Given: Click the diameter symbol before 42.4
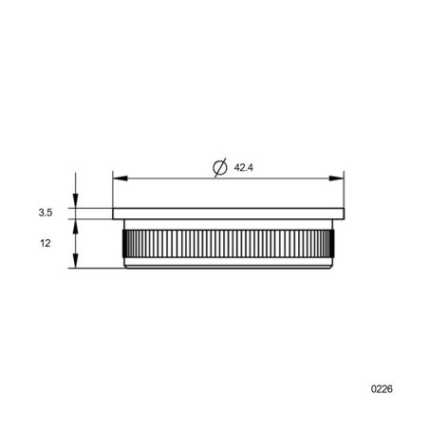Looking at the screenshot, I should point(217,167).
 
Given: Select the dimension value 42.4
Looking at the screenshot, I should point(243,168).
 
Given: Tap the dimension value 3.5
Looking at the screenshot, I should point(45,214).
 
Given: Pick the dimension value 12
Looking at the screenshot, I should point(45,244).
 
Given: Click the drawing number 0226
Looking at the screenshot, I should point(382,389).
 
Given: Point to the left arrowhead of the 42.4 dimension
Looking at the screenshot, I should point(119,177).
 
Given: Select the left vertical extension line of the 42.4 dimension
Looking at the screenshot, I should point(113,190).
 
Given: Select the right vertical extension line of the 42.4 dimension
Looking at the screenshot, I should point(342,190).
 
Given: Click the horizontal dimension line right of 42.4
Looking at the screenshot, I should point(294,177).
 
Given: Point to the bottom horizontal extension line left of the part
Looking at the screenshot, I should point(95,269).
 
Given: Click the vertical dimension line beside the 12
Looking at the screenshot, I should point(75,243).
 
